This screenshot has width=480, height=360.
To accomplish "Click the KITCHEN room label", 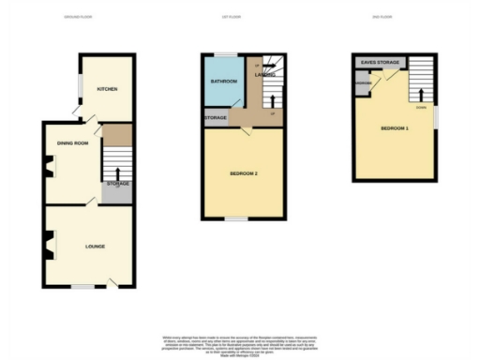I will (x=105, y=90).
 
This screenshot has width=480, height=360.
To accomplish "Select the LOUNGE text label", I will (x=94, y=247).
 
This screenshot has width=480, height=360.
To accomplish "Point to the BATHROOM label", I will (x=223, y=81).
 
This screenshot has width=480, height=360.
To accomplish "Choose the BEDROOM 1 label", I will (x=395, y=128).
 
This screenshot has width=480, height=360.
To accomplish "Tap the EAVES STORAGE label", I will (x=382, y=63).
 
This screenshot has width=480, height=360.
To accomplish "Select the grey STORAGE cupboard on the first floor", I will (x=216, y=118).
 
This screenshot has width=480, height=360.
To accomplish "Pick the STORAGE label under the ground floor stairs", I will (x=117, y=184).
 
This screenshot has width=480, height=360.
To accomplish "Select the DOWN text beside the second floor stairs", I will (x=432, y=108).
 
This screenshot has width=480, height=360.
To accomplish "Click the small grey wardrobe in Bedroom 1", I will (x=362, y=82).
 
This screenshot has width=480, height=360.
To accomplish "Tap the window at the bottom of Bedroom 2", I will (x=235, y=219).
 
